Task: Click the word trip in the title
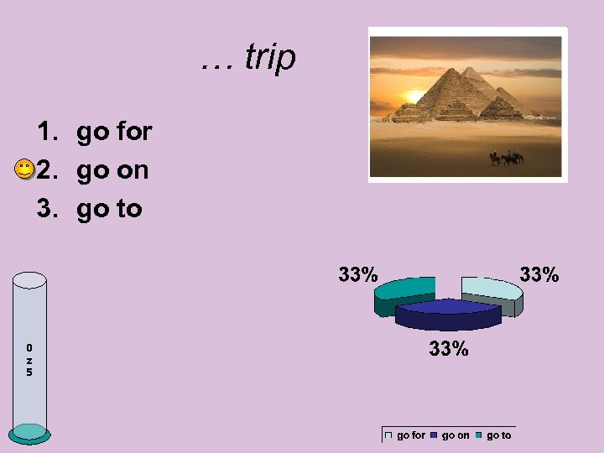point(270,58)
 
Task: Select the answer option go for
point(113,132)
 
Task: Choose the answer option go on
point(112,170)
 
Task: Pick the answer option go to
point(109,208)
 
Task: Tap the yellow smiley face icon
point(24,170)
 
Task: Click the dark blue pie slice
point(446,311)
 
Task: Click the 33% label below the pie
point(449,348)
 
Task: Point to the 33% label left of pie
point(358,274)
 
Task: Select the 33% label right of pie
point(539,274)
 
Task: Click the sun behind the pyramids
point(415,96)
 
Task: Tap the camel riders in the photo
point(507,157)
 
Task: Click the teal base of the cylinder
point(31,433)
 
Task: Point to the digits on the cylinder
point(29,359)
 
